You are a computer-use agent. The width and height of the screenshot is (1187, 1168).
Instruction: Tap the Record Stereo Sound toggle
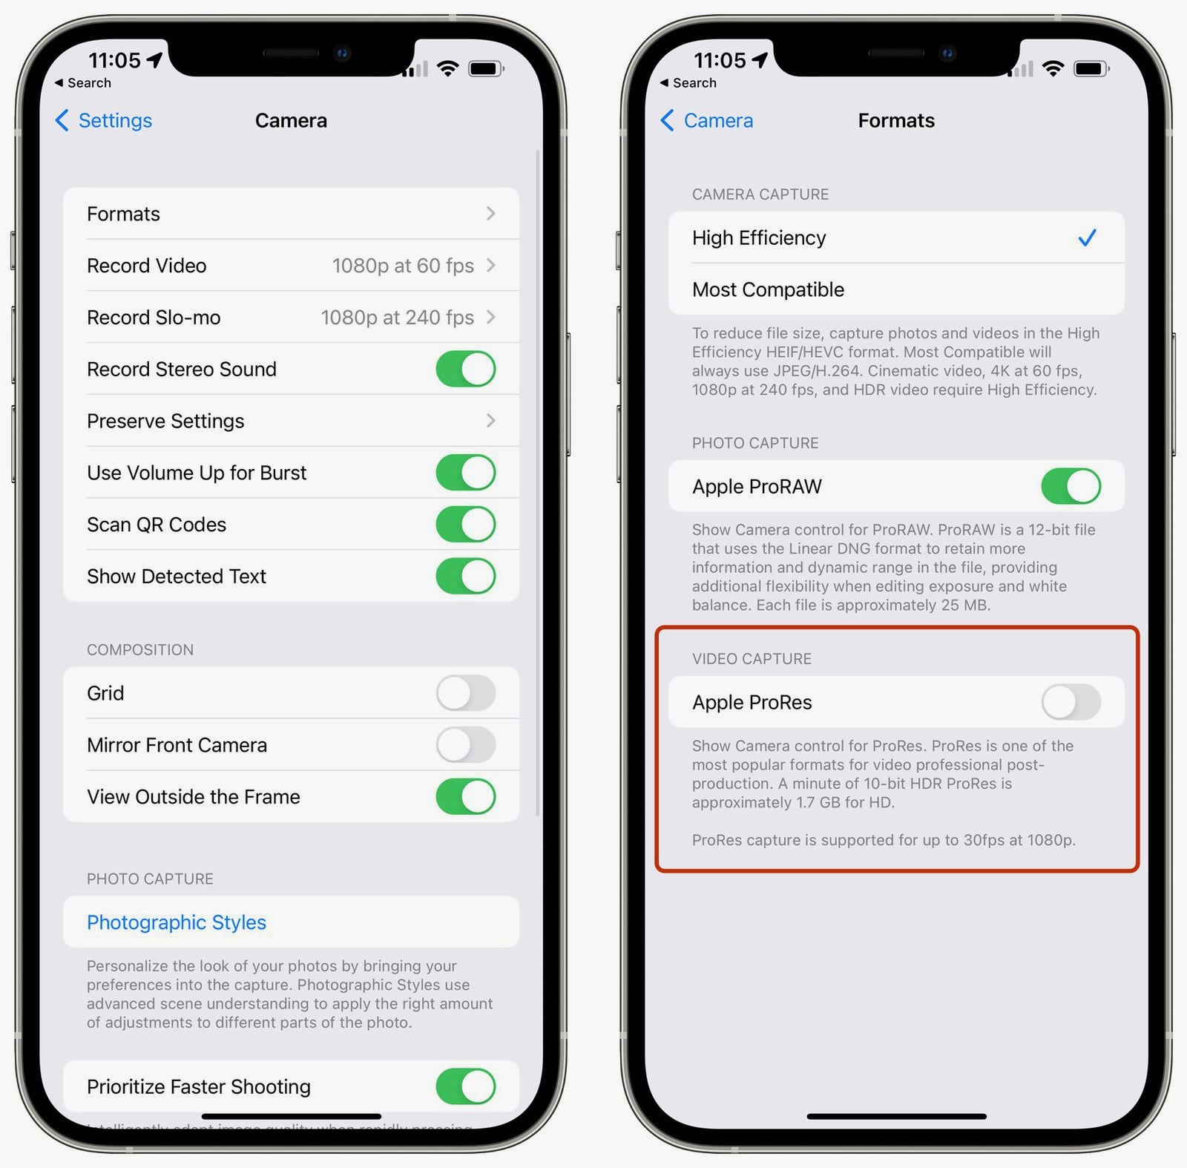pyautogui.click(x=465, y=369)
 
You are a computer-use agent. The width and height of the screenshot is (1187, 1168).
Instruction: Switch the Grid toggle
pyautogui.click(x=465, y=693)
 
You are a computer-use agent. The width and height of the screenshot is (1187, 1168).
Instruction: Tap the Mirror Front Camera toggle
pyautogui.click(x=465, y=744)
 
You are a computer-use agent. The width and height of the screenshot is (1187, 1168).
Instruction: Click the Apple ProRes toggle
pyautogui.click(x=1071, y=702)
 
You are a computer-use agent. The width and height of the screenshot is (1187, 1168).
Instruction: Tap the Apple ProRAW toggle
pyautogui.click(x=1071, y=486)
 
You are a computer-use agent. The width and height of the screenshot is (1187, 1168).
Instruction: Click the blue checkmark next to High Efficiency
pyautogui.click(x=1087, y=237)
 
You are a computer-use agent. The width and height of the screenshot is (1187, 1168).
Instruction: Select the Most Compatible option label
pyautogui.click(x=768, y=289)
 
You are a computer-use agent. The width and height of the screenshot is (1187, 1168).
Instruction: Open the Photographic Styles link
pyautogui.click(x=177, y=922)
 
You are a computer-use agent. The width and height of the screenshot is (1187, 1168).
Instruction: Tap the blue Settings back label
pyautogui.click(x=115, y=120)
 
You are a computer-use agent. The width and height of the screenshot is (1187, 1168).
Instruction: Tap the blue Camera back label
pyautogui.click(x=718, y=120)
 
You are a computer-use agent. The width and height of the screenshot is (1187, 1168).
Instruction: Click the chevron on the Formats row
pyautogui.click(x=490, y=214)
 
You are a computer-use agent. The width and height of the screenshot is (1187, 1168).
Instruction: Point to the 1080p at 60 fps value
pyautogui.click(x=403, y=266)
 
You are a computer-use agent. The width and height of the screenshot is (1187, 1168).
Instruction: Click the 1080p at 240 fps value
pyautogui.click(x=397, y=318)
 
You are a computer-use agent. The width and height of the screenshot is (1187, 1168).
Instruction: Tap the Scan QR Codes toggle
pyautogui.click(x=465, y=524)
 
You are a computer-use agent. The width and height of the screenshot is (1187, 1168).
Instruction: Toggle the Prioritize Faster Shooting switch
pyautogui.click(x=465, y=1086)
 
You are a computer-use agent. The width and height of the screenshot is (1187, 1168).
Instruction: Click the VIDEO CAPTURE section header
pyautogui.click(x=752, y=659)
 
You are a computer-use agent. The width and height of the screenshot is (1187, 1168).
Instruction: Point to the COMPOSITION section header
pyautogui.click(x=140, y=650)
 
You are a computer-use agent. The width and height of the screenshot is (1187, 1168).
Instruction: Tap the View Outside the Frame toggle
pyautogui.click(x=465, y=796)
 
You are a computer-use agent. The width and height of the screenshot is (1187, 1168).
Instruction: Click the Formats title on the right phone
pyautogui.click(x=896, y=120)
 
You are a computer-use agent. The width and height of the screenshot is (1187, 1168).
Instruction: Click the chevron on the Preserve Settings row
pyautogui.click(x=490, y=421)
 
